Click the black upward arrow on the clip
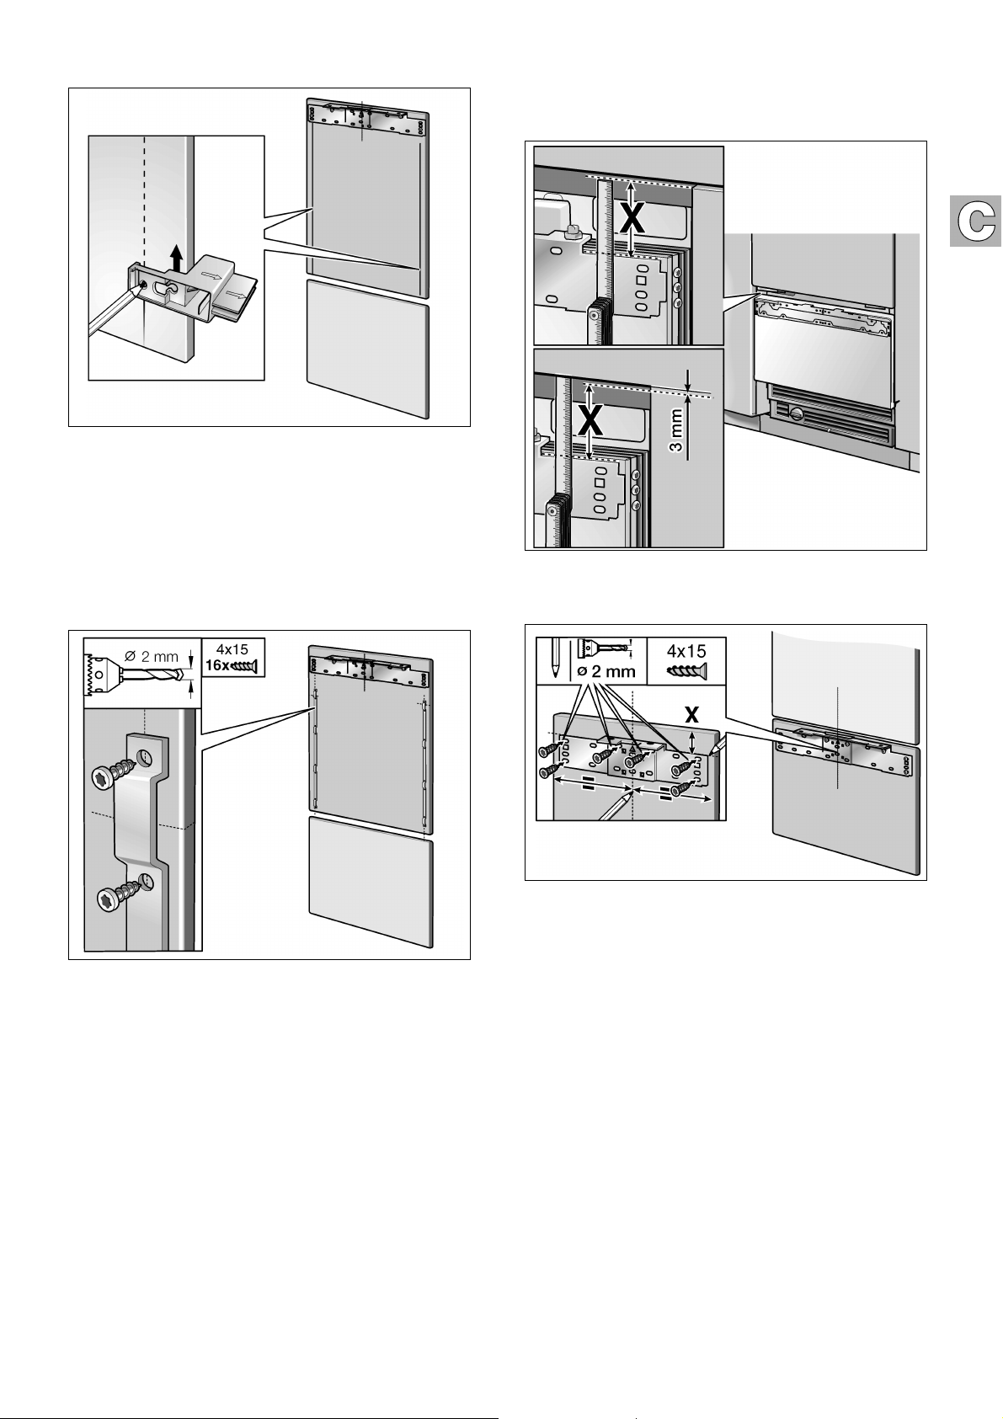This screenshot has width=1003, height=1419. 175,254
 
